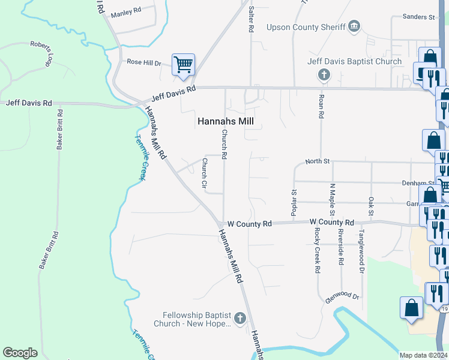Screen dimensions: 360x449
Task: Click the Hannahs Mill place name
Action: click(x=226, y=121)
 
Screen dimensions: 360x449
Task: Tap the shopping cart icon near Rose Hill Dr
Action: click(x=182, y=64)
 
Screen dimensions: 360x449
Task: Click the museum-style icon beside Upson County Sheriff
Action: click(x=354, y=26)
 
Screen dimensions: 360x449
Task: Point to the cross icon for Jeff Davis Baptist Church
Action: click(x=324, y=75)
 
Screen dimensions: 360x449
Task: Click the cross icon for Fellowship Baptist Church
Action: click(x=240, y=319)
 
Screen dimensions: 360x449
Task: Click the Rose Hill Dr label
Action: click(x=144, y=62)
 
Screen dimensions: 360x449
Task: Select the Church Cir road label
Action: click(x=204, y=175)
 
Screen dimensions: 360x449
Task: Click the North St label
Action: click(x=318, y=161)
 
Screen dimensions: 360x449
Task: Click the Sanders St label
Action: click(x=418, y=17)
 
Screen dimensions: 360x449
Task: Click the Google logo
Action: click(x=20, y=353)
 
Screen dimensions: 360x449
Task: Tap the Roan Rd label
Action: click(x=322, y=106)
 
